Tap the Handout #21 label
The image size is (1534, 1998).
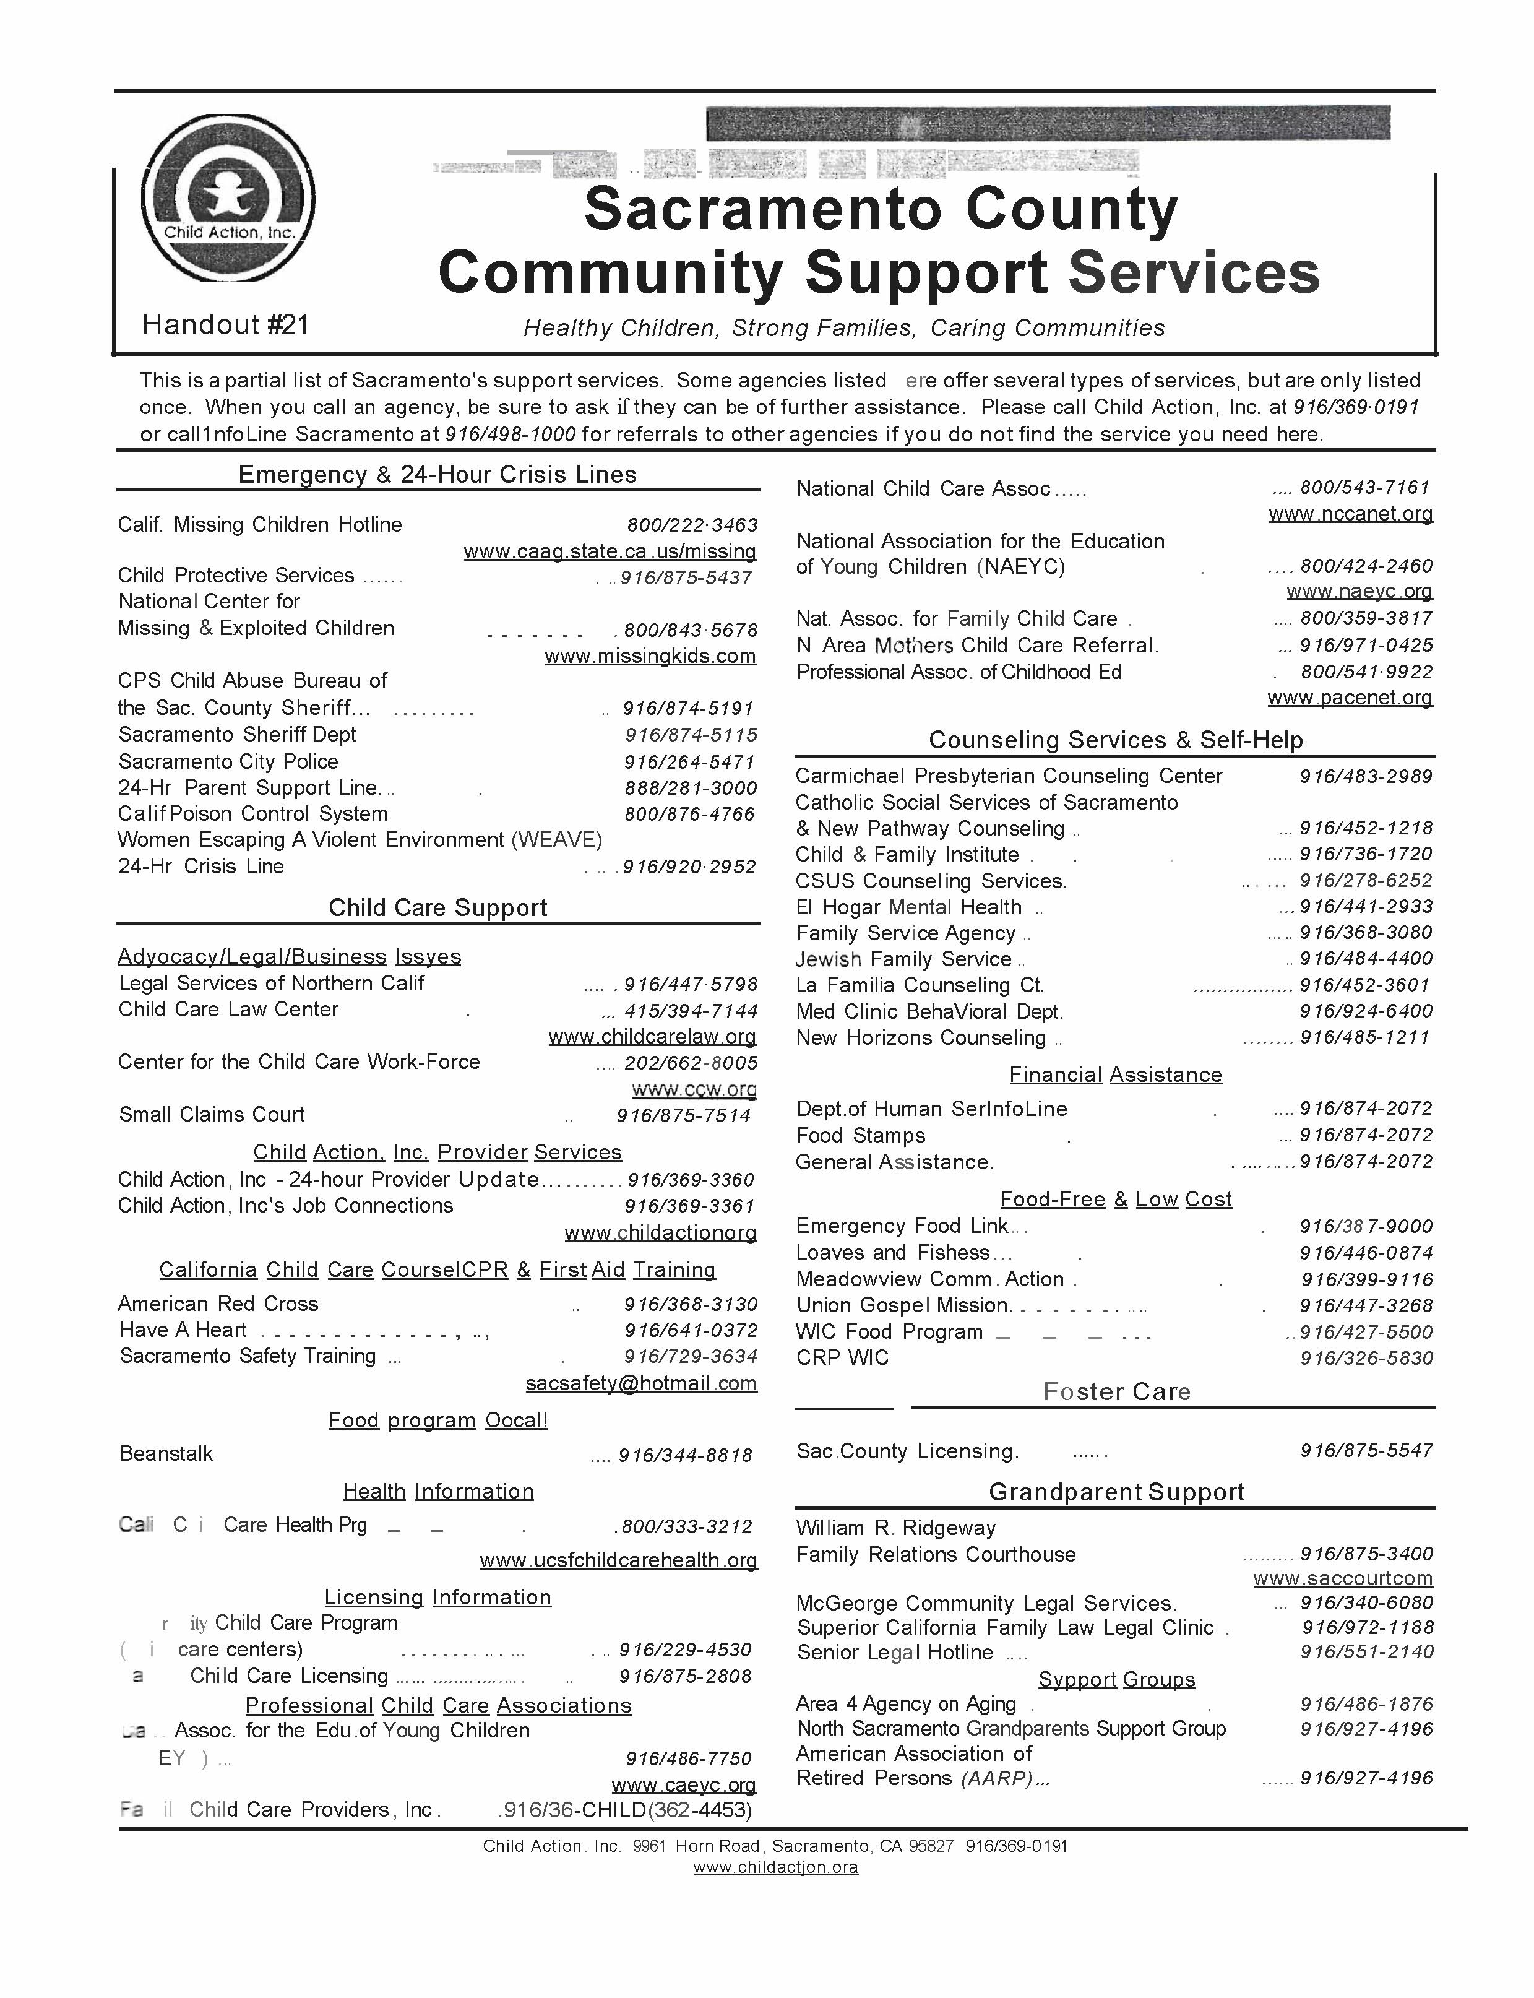point(225,324)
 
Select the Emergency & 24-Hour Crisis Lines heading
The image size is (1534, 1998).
point(437,474)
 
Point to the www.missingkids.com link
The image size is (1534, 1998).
point(650,655)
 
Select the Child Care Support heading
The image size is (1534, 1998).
point(437,907)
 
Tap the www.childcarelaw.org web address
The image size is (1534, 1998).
point(652,1036)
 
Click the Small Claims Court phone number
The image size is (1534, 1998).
point(683,1115)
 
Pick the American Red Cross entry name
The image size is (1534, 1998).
point(218,1304)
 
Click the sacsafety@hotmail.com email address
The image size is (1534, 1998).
point(641,1383)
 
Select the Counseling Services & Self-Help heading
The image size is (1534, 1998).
point(1115,740)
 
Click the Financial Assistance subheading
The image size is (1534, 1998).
point(1115,1075)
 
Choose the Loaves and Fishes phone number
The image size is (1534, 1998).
point(1366,1253)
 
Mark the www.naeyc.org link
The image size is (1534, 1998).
point(1359,591)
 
